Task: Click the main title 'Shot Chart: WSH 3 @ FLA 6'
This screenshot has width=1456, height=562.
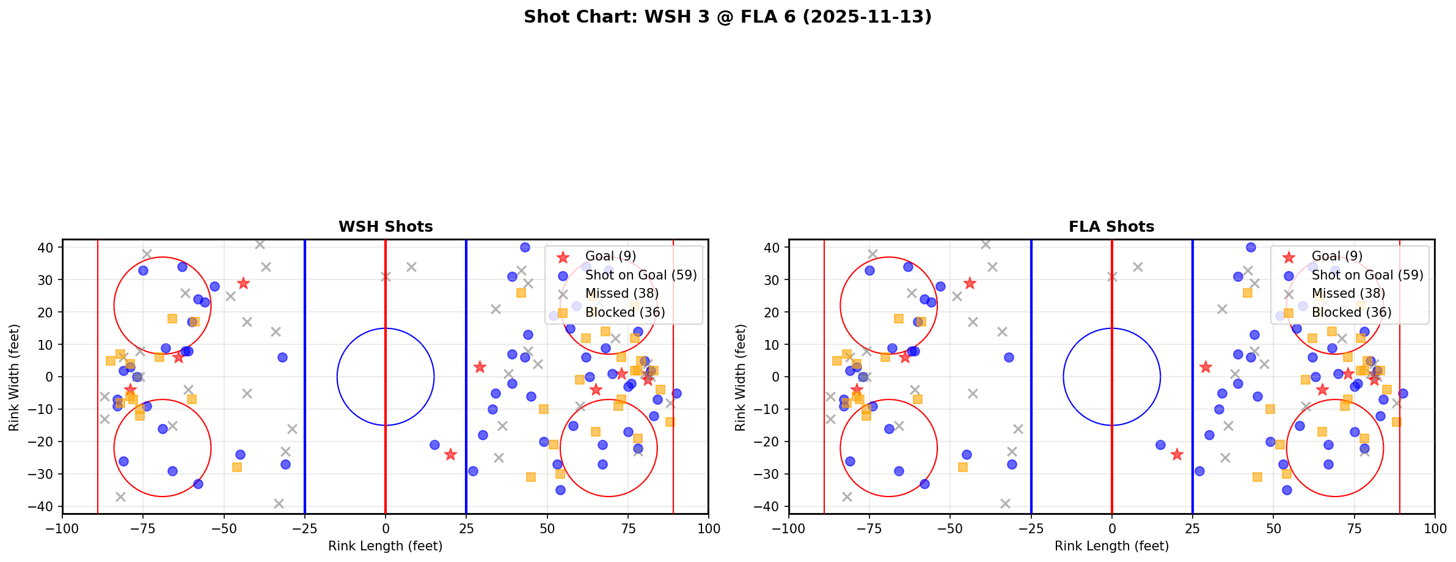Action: (x=727, y=17)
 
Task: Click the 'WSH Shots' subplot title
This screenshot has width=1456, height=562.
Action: (x=386, y=227)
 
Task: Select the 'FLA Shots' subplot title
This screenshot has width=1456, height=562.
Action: (x=1111, y=227)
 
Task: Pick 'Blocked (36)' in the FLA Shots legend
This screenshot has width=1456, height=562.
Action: (x=1352, y=312)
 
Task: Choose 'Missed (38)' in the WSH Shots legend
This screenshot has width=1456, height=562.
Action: (x=621, y=294)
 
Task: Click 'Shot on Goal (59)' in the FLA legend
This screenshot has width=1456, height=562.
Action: (x=1367, y=275)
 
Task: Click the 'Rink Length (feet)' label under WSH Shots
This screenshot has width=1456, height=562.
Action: (x=385, y=546)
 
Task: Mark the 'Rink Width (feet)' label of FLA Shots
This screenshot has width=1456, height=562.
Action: (x=741, y=377)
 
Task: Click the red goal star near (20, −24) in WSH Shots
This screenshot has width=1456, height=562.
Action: (x=450, y=454)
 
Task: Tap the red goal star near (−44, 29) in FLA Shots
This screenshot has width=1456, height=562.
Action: (x=970, y=283)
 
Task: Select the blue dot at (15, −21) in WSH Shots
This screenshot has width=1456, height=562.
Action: (x=434, y=445)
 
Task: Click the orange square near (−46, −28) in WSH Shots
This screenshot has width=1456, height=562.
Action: (x=237, y=467)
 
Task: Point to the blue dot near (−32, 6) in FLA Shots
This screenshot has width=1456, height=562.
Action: (x=1009, y=357)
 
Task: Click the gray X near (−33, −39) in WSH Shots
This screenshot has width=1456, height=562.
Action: (x=279, y=503)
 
